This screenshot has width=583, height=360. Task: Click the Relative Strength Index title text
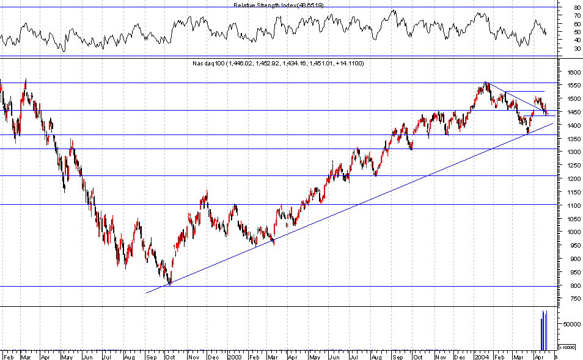278,5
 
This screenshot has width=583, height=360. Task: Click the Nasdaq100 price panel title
278,64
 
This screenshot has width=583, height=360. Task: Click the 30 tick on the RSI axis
576,48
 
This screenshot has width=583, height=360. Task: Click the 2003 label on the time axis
235,355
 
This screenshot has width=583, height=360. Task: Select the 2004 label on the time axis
482,355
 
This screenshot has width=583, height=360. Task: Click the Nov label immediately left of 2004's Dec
441,355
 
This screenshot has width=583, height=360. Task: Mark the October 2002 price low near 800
169,284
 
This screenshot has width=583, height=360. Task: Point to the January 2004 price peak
485,83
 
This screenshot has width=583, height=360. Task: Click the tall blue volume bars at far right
543,330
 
